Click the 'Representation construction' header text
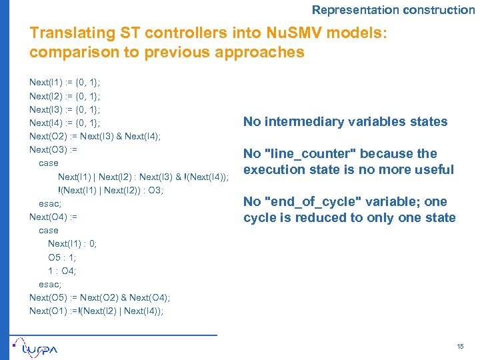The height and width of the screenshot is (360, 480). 393,10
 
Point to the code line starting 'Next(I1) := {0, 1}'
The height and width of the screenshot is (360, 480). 65,82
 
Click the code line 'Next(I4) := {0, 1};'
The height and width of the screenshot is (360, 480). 65,123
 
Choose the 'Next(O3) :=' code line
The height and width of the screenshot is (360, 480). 53,149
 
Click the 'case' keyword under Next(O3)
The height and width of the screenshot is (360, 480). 49,163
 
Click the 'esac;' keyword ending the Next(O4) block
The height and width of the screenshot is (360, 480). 50,284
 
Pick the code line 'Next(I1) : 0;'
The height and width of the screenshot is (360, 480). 72,243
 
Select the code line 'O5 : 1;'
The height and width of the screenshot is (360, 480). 62,257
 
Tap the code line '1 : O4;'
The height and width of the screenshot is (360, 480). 62,271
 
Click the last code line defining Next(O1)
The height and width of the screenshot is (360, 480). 97,311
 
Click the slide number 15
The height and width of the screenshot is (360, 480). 460,346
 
